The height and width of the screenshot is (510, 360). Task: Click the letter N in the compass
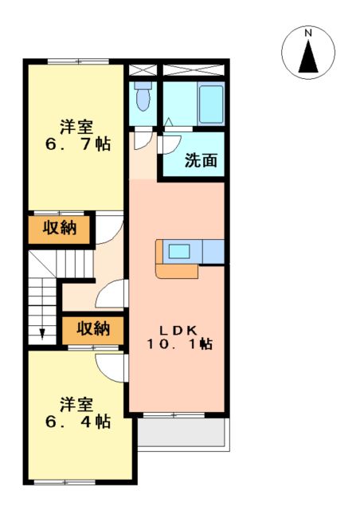pyautogui.click(x=307, y=33)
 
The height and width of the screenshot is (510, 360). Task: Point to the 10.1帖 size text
pyautogui.click(x=178, y=344)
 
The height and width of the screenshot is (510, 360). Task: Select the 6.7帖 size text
pyautogui.click(x=76, y=144)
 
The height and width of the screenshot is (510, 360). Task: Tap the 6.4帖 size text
pyautogui.click(x=76, y=422)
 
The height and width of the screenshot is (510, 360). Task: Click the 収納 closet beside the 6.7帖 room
pyautogui.click(x=60, y=229)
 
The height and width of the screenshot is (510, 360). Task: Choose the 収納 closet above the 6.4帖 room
pyautogui.click(x=93, y=328)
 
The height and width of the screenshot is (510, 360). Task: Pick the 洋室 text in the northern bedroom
pyautogui.click(x=76, y=126)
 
